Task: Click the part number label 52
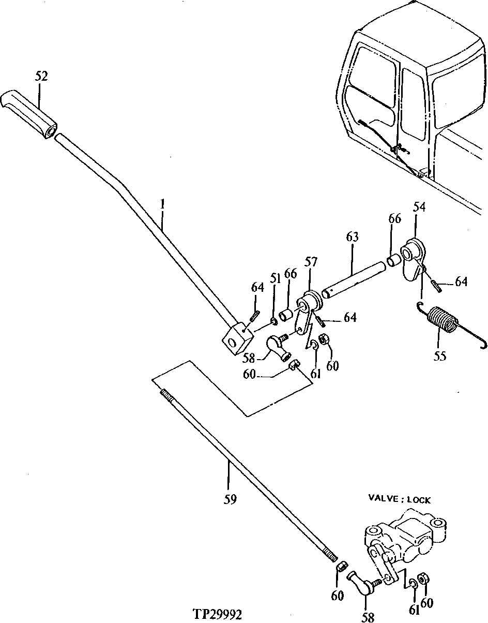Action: pos(41,76)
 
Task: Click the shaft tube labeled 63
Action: pos(354,279)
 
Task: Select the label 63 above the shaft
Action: pos(352,238)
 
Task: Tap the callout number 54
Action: pos(419,207)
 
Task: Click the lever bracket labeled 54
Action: pos(415,259)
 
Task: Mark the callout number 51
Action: pos(274,278)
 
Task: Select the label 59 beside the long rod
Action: pos(231,499)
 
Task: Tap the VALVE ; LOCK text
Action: pos(399,499)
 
